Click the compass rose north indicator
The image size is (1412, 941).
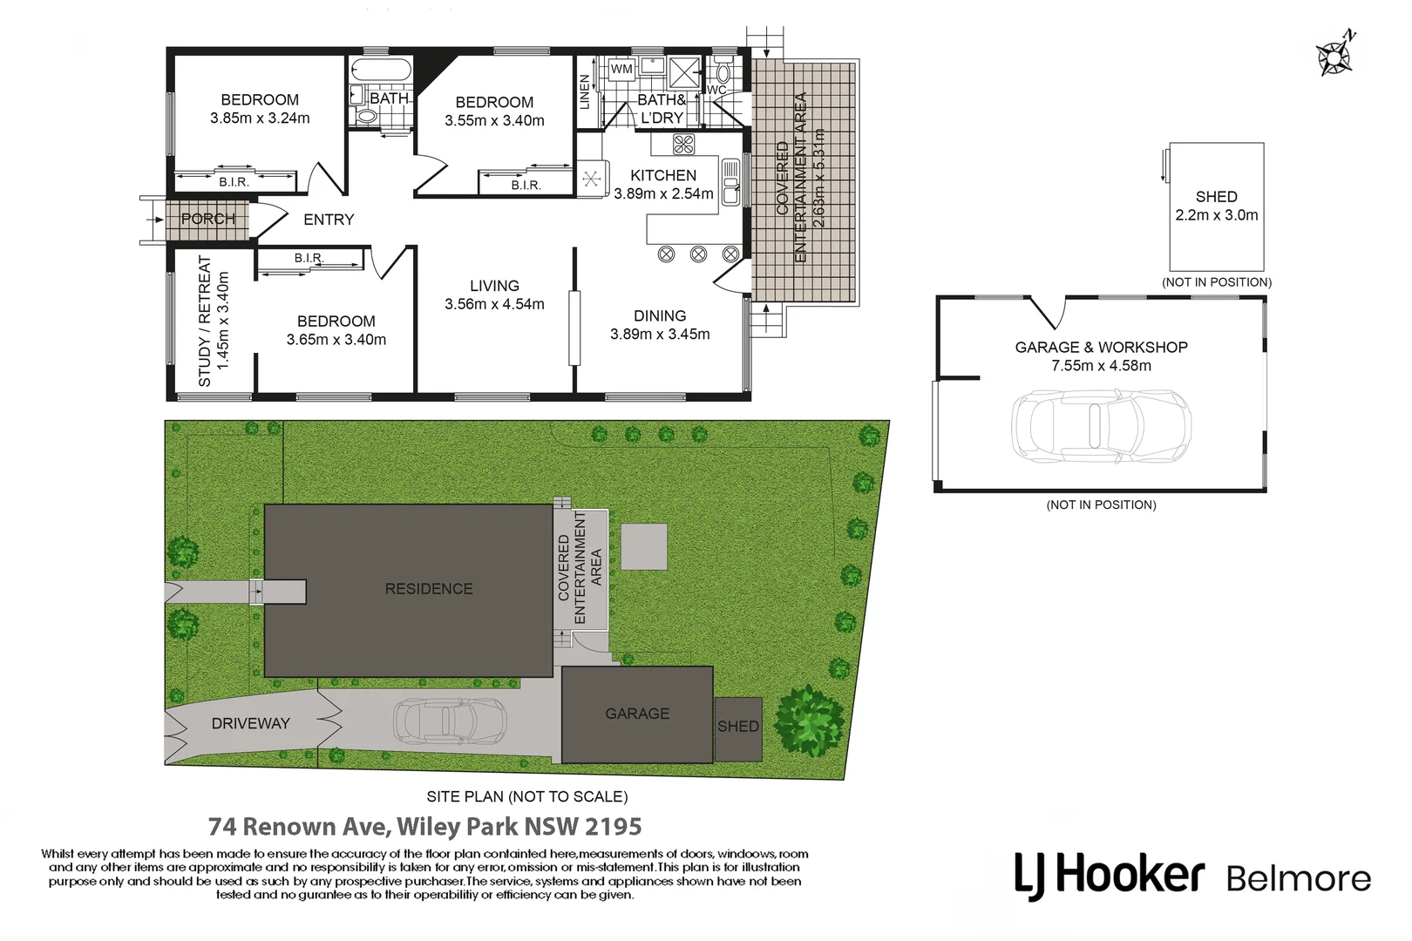[x=1335, y=55]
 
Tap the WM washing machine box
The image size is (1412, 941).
[x=621, y=69]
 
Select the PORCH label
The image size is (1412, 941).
[x=208, y=219]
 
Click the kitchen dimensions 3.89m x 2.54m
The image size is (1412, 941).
[x=663, y=193]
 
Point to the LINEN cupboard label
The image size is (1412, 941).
[x=584, y=92]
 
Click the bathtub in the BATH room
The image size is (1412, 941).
[x=382, y=71]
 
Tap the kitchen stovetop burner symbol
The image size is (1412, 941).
[x=684, y=145]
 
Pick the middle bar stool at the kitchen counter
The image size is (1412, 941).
[x=698, y=254]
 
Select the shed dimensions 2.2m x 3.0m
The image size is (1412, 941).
[x=1217, y=215]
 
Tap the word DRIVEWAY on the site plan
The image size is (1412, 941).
[x=251, y=723]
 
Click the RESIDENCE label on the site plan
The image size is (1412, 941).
[x=429, y=589]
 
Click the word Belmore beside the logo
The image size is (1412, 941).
[x=1299, y=879]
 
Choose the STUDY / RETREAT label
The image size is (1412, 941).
[x=204, y=321]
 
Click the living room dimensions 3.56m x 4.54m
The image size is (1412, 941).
[x=495, y=304]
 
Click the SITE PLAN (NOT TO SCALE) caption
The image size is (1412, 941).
[x=527, y=796]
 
